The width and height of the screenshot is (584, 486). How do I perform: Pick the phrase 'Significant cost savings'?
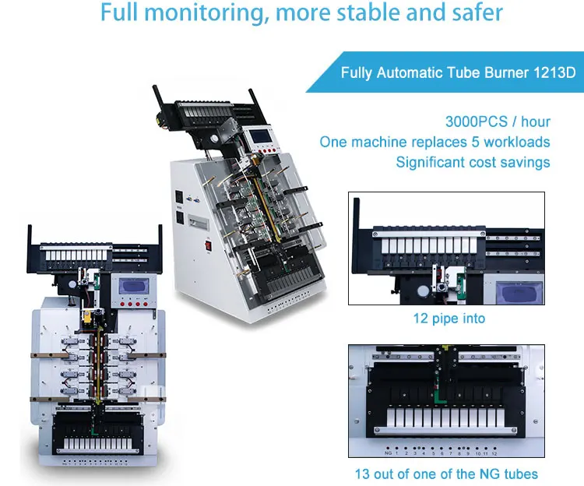pyautogui.click(x=473, y=162)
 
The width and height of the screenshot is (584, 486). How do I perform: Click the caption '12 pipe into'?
pyautogui.click(x=449, y=318)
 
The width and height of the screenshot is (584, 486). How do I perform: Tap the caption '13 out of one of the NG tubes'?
pyautogui.click(x=445, y=473)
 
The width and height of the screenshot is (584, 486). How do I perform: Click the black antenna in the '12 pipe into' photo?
pyautogui.click(x=361, y=226)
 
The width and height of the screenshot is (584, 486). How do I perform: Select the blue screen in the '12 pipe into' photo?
pyautogui.click(x=516, y=290)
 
